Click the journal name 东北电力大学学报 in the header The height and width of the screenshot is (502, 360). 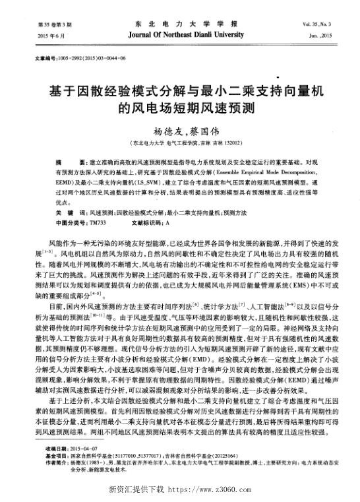coord(180,21)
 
